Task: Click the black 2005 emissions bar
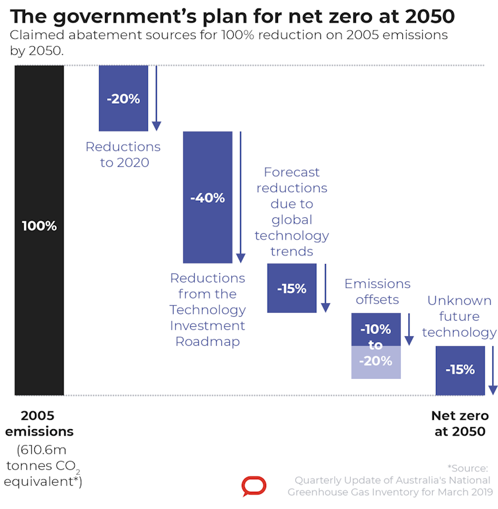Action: pos(39,165)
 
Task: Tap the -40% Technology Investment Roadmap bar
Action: pos(207,224)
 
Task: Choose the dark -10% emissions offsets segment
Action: pos(376,322)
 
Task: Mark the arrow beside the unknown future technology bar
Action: pos(492,370)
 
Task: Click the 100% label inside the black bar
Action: pos(39,226)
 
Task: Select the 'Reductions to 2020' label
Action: pos(123,154)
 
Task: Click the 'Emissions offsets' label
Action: pos(377,292)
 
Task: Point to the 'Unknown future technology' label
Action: pos(459,316)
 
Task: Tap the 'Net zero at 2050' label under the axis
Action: pos(460,423)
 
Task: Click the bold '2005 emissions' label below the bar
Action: pos(39,423)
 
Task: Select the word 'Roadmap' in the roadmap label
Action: pos(207,341)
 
